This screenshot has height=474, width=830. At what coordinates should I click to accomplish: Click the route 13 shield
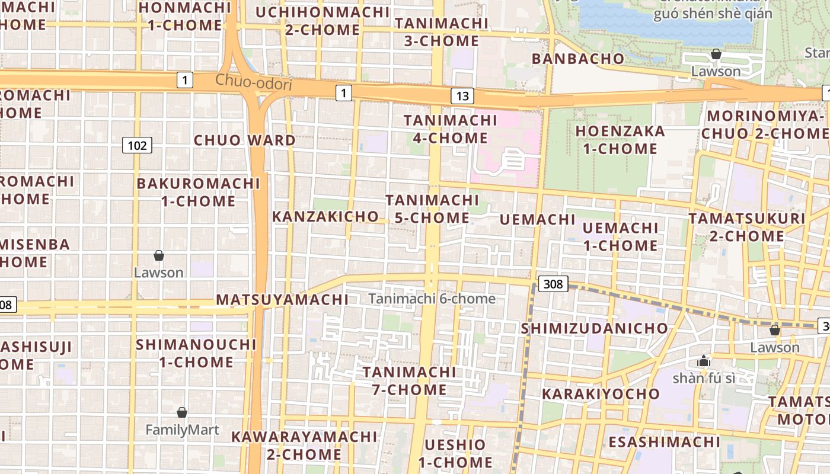462,96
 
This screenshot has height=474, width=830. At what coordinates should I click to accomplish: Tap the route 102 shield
137,145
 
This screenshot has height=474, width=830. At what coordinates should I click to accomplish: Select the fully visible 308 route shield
553,284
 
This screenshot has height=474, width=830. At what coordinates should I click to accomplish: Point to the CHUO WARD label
245,140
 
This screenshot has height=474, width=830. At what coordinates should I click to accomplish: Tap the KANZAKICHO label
325,217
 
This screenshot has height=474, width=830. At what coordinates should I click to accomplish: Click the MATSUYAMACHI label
282,300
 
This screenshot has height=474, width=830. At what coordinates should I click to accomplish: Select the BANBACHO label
578,59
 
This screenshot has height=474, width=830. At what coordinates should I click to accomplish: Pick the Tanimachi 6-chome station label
432,299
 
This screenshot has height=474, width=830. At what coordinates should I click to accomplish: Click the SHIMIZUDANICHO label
594,328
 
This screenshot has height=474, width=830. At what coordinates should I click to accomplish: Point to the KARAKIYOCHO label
601,394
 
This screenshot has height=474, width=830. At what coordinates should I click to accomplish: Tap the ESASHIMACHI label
664,442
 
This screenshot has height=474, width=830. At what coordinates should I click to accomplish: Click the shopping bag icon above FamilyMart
182,412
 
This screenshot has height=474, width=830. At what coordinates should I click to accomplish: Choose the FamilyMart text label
182,430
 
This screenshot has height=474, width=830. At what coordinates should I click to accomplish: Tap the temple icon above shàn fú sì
704,361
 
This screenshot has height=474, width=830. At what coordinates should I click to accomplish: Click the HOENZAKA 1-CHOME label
620,140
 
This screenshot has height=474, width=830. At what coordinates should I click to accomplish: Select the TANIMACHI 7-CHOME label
409,381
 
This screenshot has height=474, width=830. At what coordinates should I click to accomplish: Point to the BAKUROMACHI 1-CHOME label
198,192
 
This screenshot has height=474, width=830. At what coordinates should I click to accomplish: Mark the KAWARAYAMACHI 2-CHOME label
304,446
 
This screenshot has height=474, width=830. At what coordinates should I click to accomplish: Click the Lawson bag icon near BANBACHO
716,55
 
